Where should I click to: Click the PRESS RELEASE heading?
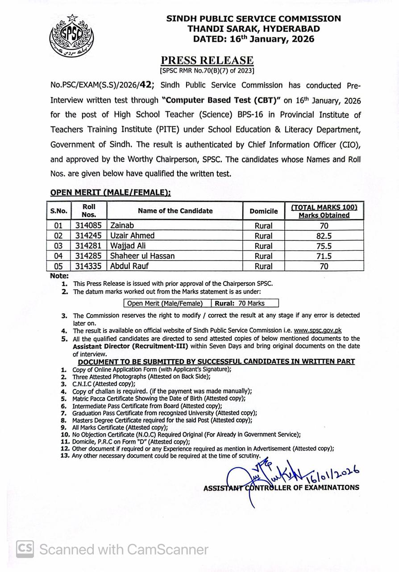click(x=207, y=60)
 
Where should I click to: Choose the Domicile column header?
click(x=263, y=211)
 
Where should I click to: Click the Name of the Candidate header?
click(x=175, y=211)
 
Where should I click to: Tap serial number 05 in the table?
click(x=58, y=266)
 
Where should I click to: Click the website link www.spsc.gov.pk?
click(x=317, y=331)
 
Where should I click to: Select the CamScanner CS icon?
click(x=25, y=549)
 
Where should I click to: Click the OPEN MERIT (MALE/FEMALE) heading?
click(x=110, y=192)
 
